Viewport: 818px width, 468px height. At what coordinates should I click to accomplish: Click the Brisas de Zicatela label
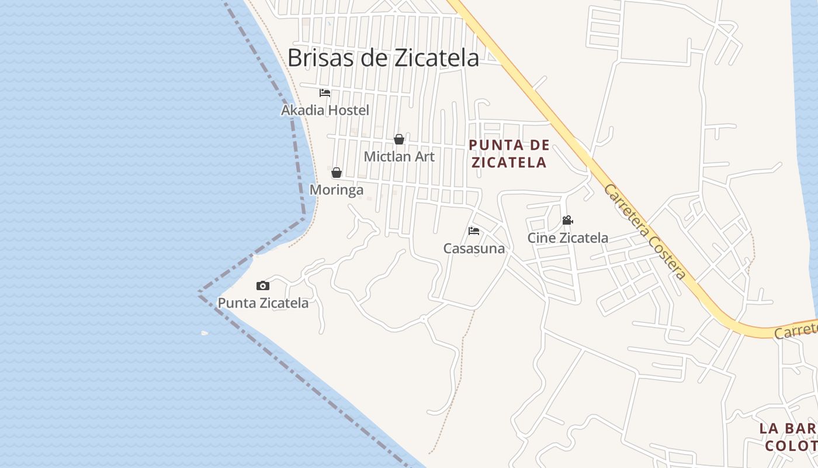(383, 58)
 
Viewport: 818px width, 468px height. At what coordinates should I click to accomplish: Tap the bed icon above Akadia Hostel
(325, 93)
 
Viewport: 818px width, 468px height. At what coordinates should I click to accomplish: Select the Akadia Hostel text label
(325, 110)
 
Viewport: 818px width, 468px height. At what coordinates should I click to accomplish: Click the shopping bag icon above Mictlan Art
(399, 139)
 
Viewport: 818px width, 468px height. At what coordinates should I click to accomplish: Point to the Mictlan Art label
(399, 157)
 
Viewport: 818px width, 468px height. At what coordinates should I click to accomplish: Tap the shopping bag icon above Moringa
(337, 173)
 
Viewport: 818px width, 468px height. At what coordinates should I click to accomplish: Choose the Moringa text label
(337, 190)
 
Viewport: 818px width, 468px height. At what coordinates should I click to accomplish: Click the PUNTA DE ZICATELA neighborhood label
(509, 153)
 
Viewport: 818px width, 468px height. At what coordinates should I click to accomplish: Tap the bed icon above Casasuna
(474, 231)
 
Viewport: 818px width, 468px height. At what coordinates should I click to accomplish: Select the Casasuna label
(474, 249)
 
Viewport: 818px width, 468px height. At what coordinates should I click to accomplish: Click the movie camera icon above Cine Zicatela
(567, 221)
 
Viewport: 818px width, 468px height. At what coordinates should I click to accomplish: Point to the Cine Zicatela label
(567, 238)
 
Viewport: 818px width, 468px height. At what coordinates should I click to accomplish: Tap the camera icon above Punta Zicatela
(263, 286)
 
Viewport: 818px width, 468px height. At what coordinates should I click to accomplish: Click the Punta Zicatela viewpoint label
(263, 303)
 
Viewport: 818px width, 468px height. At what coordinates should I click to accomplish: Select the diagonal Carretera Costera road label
(644, 232)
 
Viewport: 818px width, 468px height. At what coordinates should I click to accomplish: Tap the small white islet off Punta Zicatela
(204, 333)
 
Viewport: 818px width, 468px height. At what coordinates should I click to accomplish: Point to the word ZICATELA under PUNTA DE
(509, 162)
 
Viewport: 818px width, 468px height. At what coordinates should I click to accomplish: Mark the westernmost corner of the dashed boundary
(199, 292)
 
